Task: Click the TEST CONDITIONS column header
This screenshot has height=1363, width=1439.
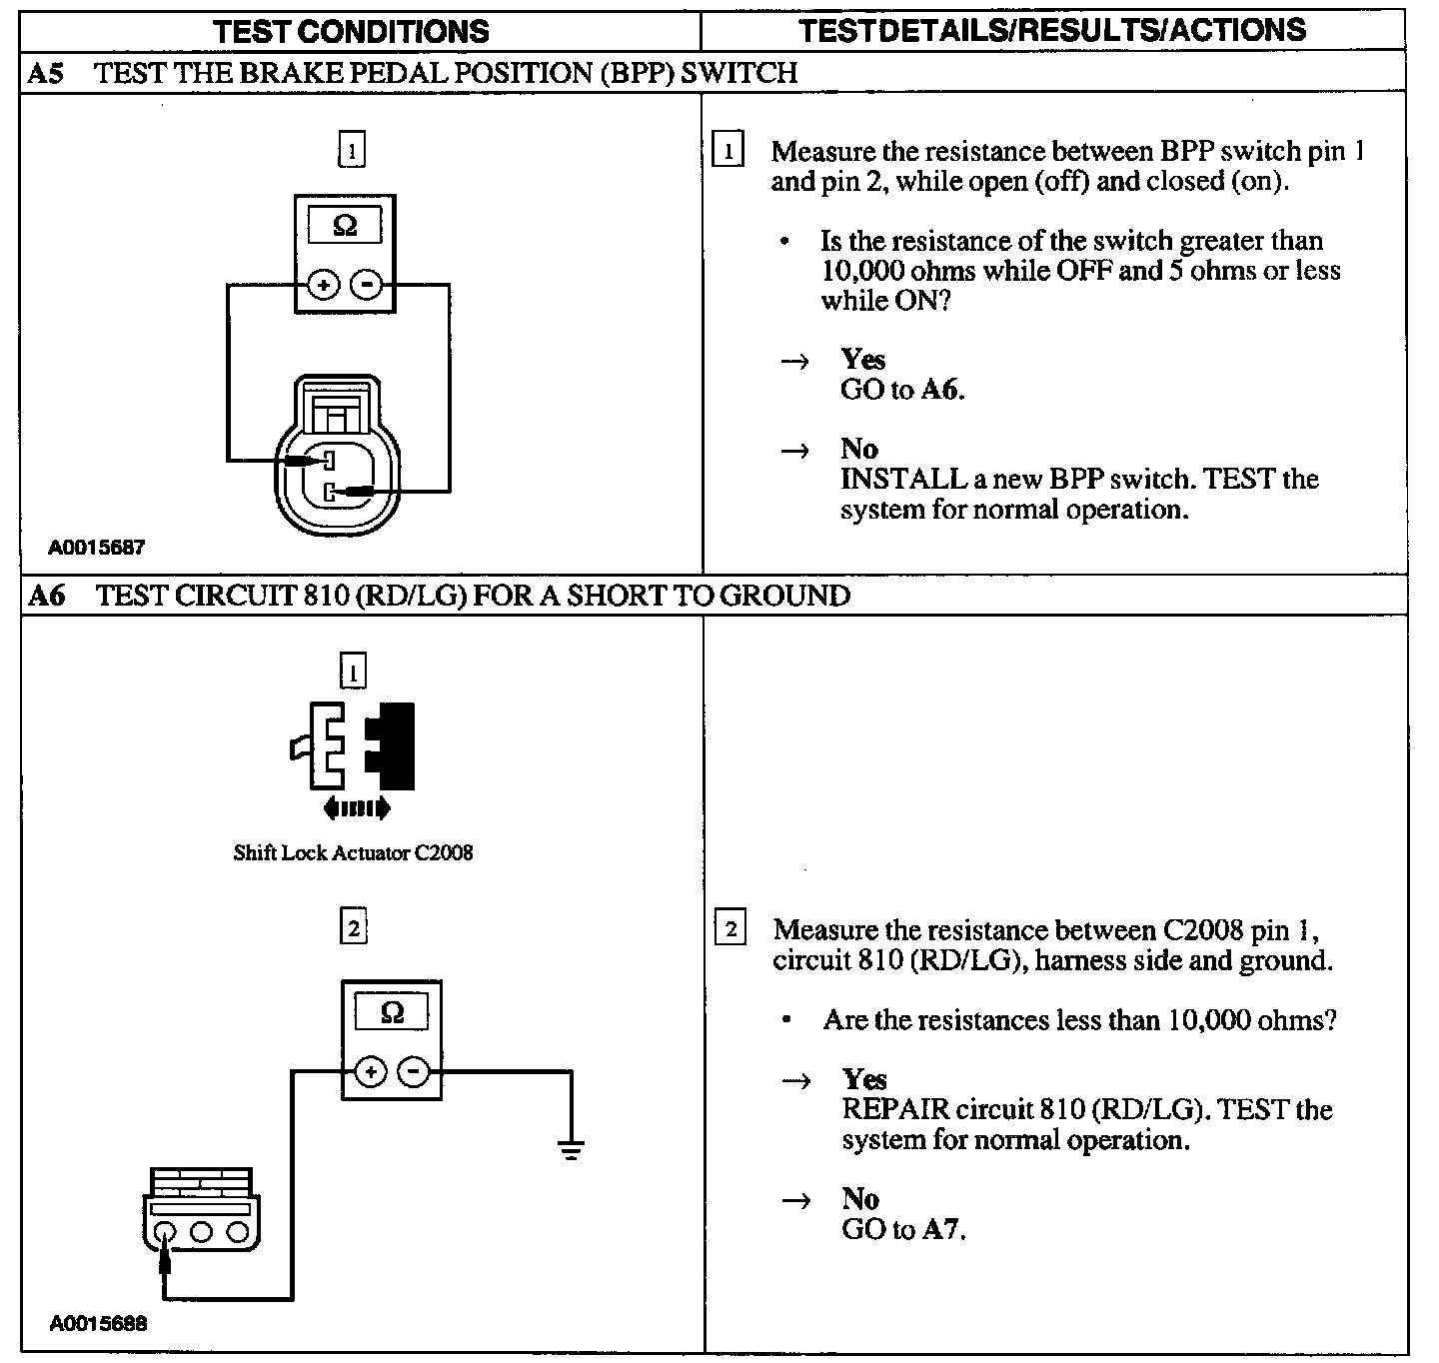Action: tap(352, 31)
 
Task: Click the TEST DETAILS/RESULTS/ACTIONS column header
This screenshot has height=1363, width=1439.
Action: tap(1052, 30)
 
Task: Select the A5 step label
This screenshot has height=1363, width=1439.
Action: tap(46, 73)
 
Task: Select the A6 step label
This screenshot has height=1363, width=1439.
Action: tap(46, 597)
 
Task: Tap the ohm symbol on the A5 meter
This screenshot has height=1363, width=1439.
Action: tap(344, 226)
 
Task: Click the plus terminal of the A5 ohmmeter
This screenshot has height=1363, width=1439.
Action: tap(323, 285)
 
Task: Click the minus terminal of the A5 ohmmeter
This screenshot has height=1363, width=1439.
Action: tap(368, 285)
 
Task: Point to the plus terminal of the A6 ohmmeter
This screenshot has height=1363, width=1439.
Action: tap(371, 1073)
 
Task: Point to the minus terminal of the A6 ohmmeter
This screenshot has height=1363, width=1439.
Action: tap(414, 1073)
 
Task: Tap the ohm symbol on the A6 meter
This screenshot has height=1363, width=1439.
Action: tap(393, 1013)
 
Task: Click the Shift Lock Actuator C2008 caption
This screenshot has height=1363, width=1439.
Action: tap(353, 853)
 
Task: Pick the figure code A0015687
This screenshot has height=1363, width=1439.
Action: tap(98, 548)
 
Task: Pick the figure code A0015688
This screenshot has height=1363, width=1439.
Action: tap(98, 1325)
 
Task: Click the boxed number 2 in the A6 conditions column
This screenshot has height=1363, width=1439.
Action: tap(353, 928)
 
